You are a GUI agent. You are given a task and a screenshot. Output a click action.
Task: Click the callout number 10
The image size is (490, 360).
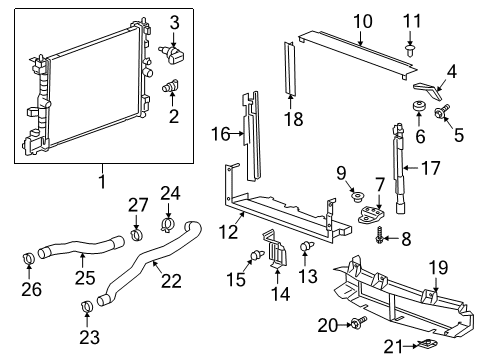[362, 20]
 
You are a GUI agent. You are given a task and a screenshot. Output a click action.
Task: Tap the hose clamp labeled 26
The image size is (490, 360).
[29, 262]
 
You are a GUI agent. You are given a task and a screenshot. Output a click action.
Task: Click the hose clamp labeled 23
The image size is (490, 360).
[87, 304]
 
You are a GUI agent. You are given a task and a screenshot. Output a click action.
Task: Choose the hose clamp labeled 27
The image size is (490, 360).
[136, 237]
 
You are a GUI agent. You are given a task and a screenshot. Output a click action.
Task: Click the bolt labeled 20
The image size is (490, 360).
[360, 323]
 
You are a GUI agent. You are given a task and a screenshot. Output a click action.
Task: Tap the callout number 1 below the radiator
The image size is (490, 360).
[101, 183]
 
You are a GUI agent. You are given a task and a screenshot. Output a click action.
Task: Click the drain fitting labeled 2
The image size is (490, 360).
[170, 88]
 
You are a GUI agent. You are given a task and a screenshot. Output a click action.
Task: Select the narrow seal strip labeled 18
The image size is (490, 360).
[291, 70]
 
